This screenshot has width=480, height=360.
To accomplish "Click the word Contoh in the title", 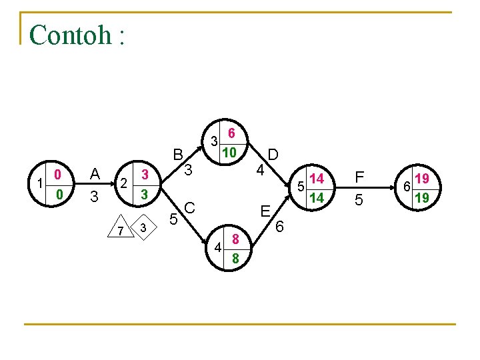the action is pyautogui.click(x=71, y=35).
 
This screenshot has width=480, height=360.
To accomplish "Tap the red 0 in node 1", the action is pyautogui.click(x=59, y=175).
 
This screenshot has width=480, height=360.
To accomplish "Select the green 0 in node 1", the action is pyautogui.click(x=59, y=194).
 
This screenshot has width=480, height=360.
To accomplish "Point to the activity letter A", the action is pyautogui.click(x=95, y=174).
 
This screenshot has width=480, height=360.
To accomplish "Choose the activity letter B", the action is pyautogui.click(x=178, y=155).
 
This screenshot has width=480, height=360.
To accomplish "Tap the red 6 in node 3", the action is pyautogui.click(x=231, y=133).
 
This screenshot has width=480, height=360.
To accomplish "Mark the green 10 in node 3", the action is pyautogui.click(x=229, y=153).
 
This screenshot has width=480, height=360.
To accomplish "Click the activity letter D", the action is pyautogui.click(x=273, y=155).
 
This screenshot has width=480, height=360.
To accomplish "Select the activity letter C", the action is pyautogui.click(x=189, y=208).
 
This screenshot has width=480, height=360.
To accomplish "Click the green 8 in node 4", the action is pyautogui.click(x=235, y=258).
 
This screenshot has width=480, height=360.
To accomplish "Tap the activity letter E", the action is pyautogui.click(x=265, y=212).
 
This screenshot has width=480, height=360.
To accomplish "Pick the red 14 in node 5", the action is pyautogui.click(x=317, y=179).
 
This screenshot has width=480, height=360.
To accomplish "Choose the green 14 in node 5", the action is pyautogui.click(x=317, y=197).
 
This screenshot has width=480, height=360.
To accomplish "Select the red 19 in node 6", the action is pyautogui.click(x=421, y=179).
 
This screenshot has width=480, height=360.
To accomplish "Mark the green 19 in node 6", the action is pyautogui.click(x=421, y=198).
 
